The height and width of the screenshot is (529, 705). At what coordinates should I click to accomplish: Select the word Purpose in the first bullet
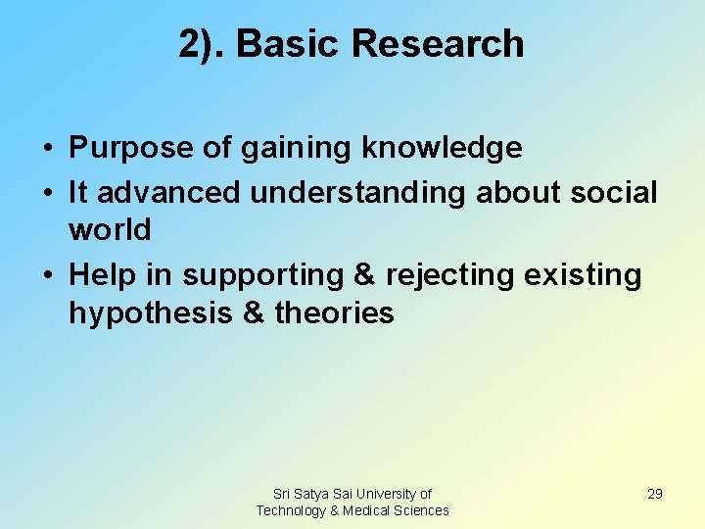[128, 149]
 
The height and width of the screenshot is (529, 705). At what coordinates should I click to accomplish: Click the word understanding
[358, 193]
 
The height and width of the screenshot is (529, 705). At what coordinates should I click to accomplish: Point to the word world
[110, 231]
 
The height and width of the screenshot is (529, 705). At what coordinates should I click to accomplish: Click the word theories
[335, 313]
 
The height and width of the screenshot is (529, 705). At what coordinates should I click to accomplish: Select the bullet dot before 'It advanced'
[48, 194]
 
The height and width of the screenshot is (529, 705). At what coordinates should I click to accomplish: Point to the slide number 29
[655, 494]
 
